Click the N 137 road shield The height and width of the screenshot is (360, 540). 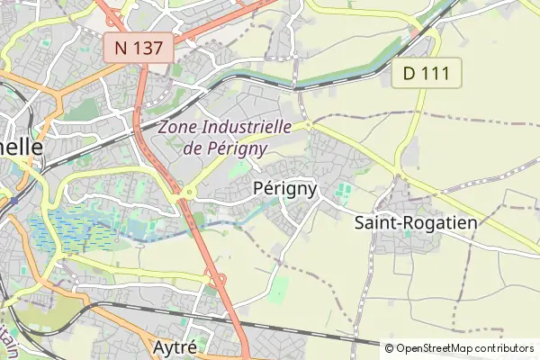[139, 48]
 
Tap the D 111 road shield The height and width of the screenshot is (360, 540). [427, 73]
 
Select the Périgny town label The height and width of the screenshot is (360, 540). [285, 188]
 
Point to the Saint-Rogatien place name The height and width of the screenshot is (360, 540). [416, 220]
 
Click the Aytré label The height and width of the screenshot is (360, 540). [175, 346]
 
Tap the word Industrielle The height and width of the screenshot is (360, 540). [246, 127]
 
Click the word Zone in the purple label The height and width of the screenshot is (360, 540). [176, 127]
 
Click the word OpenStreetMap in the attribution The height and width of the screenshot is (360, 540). [447, 348]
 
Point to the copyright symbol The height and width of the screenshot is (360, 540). [390, 348]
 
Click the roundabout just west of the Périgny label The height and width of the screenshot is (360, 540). [188, 190]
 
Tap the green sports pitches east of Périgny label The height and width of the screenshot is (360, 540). [342, 191]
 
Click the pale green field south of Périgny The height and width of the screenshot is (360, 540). [280, 288]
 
